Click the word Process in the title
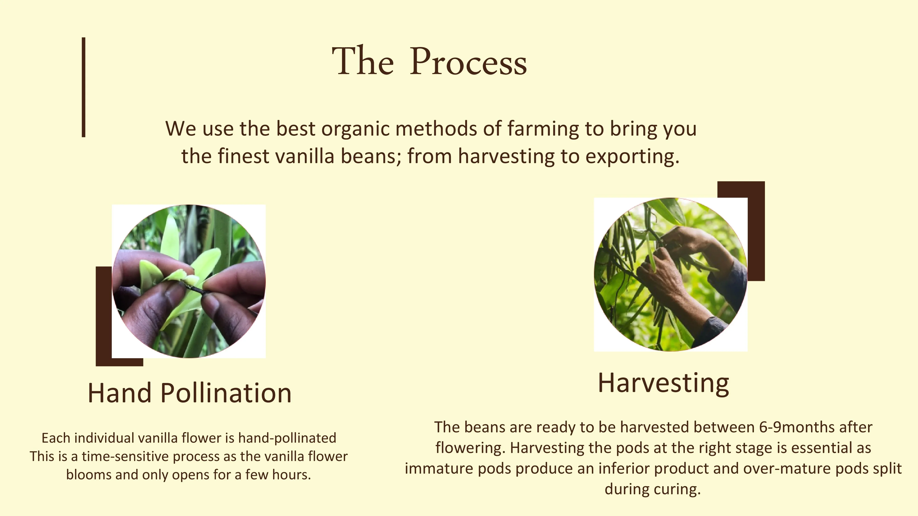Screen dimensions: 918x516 tap(468, 61)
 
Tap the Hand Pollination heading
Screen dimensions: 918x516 tap(190, 393)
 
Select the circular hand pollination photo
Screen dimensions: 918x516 tap(189, 281)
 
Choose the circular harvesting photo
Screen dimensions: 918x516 tap(671, 275)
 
